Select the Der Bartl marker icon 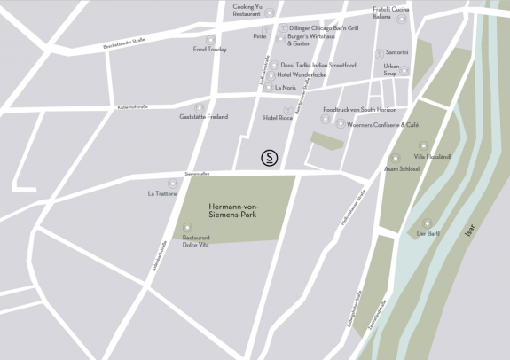coord(427,223)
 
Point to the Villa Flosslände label coord(433,157)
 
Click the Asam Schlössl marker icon coord(396,158)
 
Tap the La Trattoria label coord(162,192)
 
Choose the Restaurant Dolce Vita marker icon coord(186,227)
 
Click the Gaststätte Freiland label coord(204,117)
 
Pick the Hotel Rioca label coord(278,118)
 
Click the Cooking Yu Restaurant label coord(247,10)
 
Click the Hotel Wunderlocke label coord(302,75)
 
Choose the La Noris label coord(285,88)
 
